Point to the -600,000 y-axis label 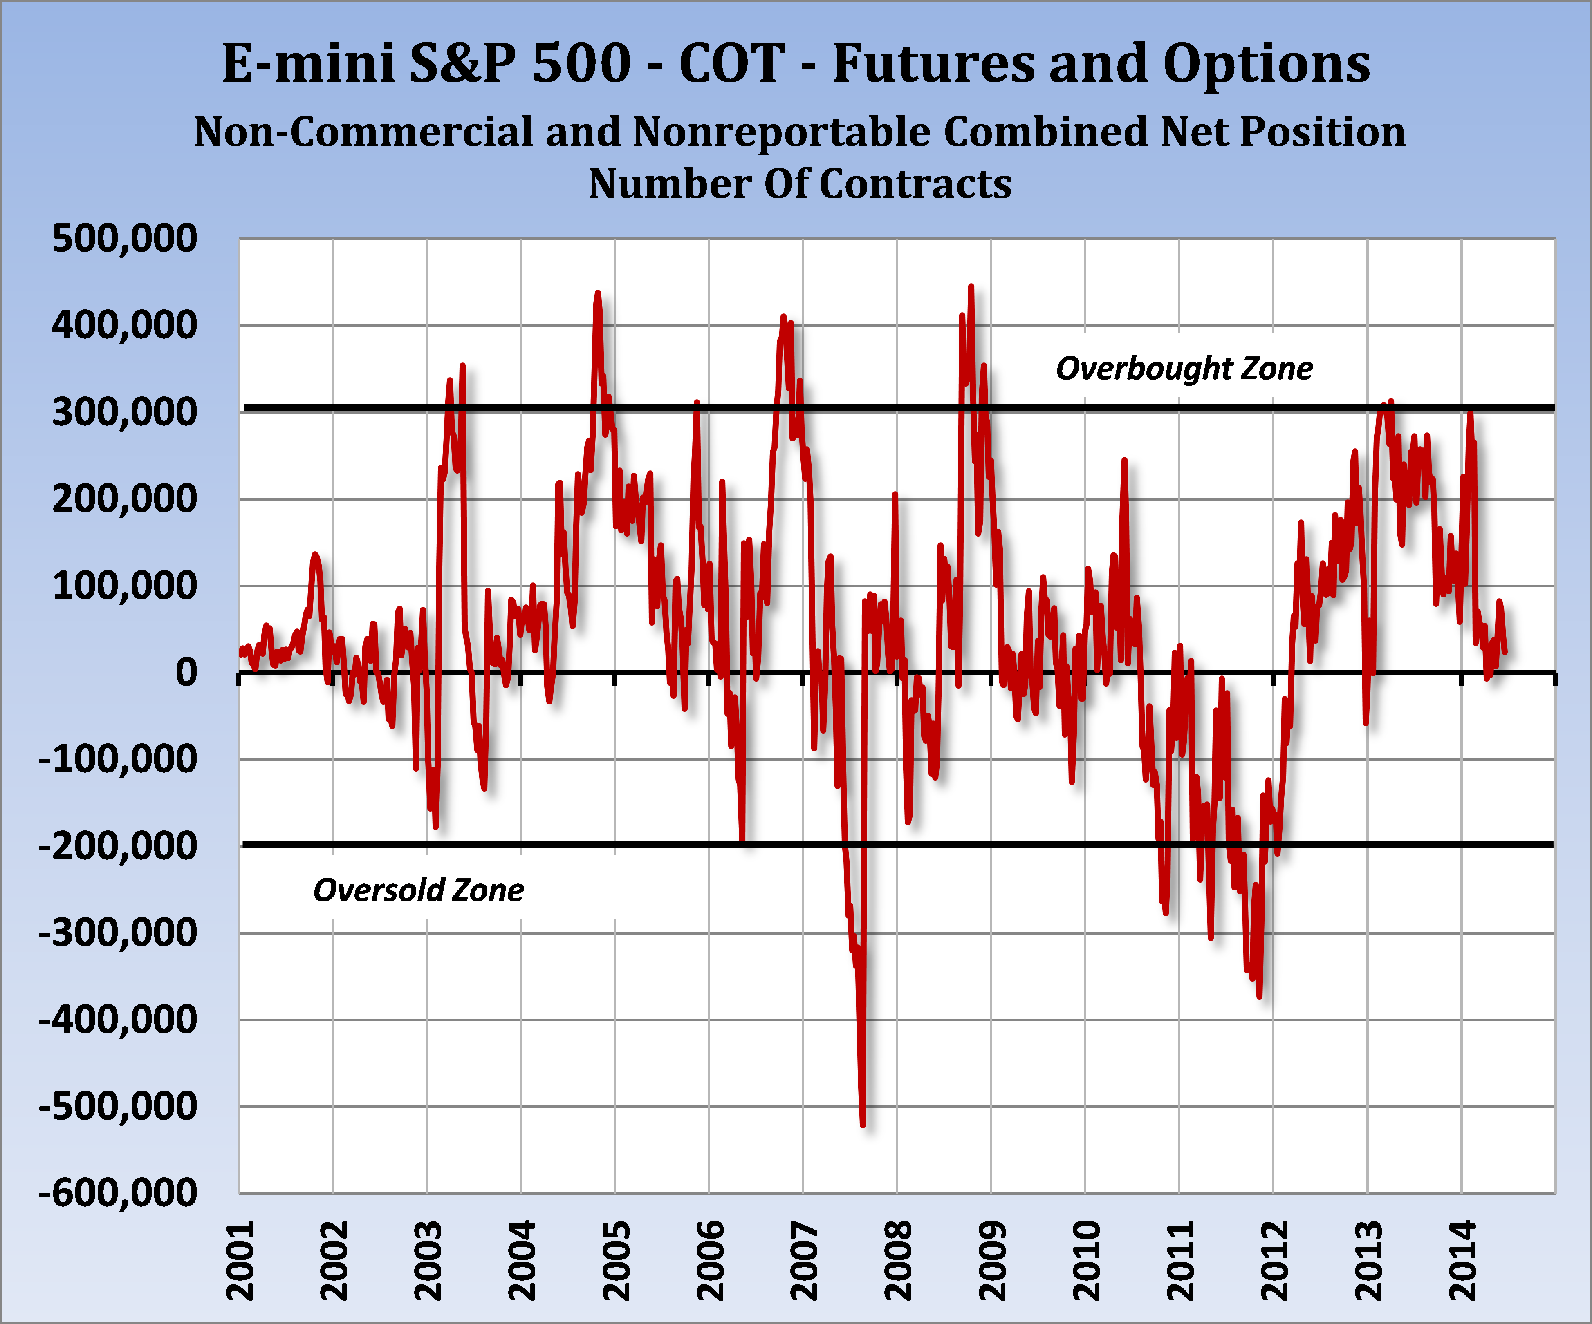click(x=117, y=1193)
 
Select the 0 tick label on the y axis click(x=186, y=672)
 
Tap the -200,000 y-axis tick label click(x=117, y=846)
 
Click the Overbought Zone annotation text click(x=1184, y=368)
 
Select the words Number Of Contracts click(x=800, y=184)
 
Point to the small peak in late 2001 click(x=315, y=555)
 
